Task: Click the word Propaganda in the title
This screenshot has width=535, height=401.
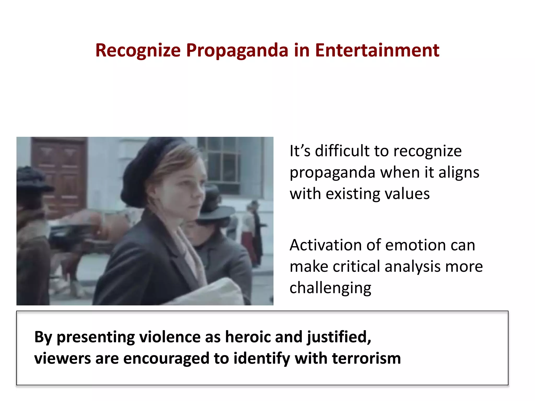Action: pyautogui.click(x=237, y=50)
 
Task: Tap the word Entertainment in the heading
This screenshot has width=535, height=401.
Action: pyautogui.click(x=377, y=50)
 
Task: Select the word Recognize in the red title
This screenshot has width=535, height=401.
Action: pyautogui.click(x=138, y=50)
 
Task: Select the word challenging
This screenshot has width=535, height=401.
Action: pyautogui.click(x=330, y=288)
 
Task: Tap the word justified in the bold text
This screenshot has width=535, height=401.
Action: pyautogui.click(x=339, y=337)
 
